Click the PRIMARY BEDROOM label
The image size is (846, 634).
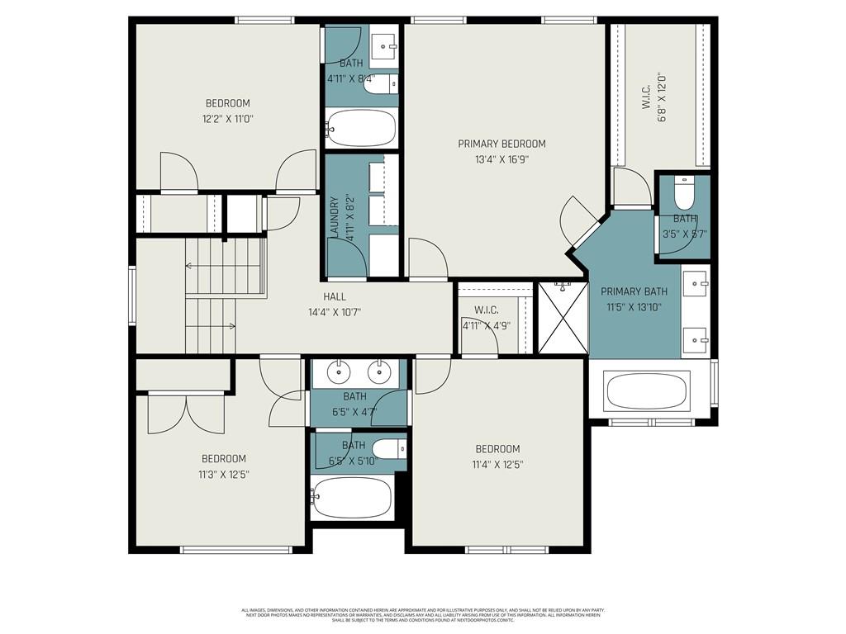point(501,144)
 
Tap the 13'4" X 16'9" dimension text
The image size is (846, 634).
point(501,160)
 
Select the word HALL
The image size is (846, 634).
point(335,296)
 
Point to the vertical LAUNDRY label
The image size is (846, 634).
point(335,217)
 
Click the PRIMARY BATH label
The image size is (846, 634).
point(634,291)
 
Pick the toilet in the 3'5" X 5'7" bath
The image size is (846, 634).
point(684,195)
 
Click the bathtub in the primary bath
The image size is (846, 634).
point(647,390)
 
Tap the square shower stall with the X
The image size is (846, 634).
point(561,318)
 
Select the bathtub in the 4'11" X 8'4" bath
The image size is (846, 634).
point(361,128)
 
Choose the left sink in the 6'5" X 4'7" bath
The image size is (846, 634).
point(339,372)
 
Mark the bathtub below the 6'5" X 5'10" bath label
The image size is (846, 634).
point(351,498)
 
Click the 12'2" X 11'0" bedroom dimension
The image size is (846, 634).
point(228,119)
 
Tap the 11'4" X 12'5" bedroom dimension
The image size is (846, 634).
point(497,465)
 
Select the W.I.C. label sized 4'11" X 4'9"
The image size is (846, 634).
point(485,310)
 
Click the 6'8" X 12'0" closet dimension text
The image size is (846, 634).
point(661,97)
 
